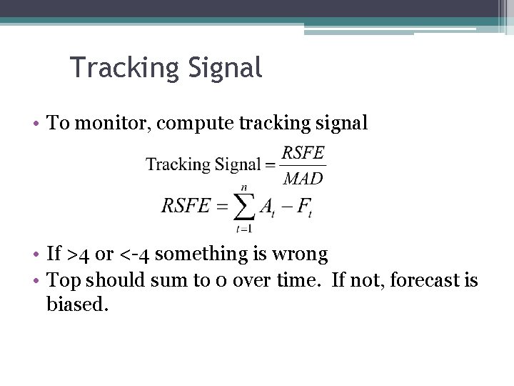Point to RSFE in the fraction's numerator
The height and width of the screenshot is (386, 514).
pyautogui.click(x=303, y=152)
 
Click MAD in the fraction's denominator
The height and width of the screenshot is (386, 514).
pyautogui.click(x=303, y=178)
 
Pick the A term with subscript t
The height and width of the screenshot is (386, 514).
pyautogui.click(x=267, y=207)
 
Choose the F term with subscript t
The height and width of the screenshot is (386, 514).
pyautogui.click(x=304, y=207)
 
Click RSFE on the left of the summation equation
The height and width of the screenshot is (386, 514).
pyautogui.click(x=185, y=207)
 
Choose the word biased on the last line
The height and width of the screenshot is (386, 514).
pyautogui.click(x=77, y=305)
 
